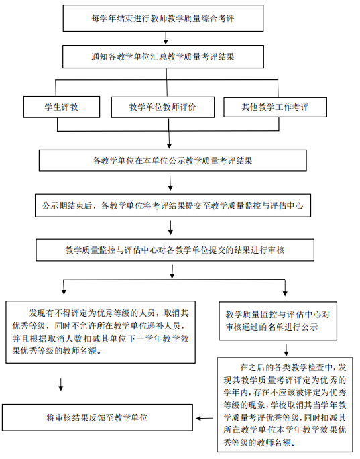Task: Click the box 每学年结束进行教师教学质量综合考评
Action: [163, 18]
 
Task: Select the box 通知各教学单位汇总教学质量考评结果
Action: [163, 57]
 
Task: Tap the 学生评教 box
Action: [62, 107]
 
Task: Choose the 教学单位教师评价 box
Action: [163, 107]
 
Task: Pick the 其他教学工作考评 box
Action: [275, 107]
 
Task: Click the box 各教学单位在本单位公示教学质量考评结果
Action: [172, 160]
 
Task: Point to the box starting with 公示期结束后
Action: [173, 205]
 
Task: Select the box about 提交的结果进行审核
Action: [175, 250]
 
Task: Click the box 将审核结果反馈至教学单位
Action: [97, 417]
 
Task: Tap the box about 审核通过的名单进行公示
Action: [278, 321]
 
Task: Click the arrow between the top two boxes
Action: [166, 38]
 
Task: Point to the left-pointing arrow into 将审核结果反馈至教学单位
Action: [204, 418]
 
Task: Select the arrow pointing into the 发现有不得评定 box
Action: [64, 287]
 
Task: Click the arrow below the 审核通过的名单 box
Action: [286, 350]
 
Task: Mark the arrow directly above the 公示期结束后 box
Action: [170, 183]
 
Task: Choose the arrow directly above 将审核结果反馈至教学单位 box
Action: [61, 385]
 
